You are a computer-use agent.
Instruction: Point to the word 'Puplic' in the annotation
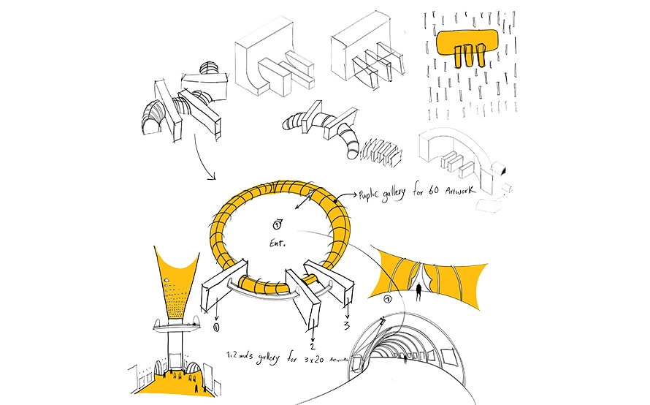373,196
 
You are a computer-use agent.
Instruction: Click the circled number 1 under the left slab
217,328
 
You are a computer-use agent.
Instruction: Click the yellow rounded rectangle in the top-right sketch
467,46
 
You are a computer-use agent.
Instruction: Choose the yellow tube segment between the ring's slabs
264,285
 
